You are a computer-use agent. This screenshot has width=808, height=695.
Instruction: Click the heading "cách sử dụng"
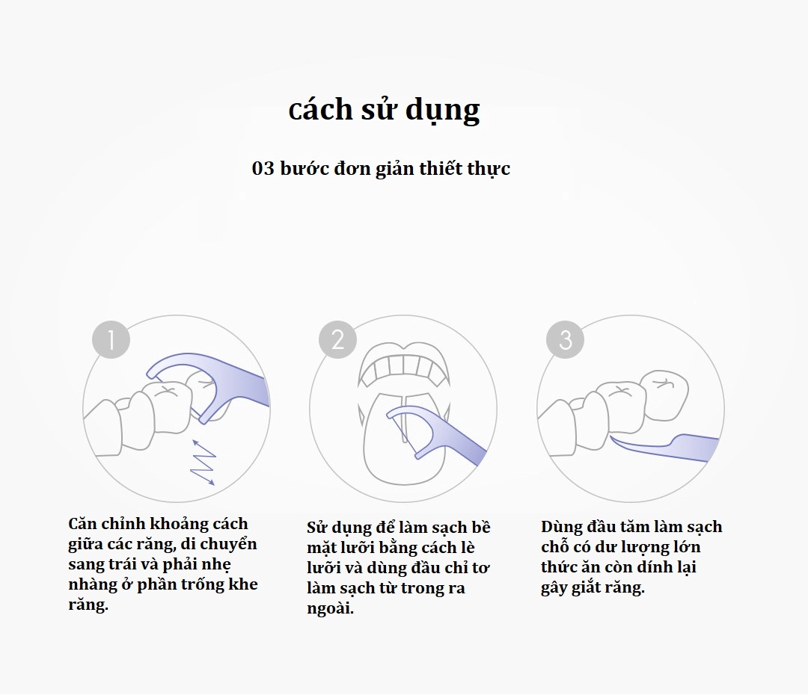(x=384, y=110)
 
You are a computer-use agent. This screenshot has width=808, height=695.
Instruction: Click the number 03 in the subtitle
(x=263, y=168)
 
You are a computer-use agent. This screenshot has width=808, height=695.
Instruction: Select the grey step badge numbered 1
(x=111, y=341)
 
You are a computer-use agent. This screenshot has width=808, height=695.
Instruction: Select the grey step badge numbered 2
(x=337, y=340)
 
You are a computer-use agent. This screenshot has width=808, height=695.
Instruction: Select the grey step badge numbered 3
(x=565, y=340)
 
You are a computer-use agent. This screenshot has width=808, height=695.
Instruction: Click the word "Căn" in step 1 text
(x=82, y=524)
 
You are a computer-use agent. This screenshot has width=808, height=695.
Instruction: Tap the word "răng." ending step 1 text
(x=88, y=605)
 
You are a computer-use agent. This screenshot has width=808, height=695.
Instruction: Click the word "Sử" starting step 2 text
(x=317, y=528)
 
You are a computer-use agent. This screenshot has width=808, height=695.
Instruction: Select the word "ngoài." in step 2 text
(x=330, y=608)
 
